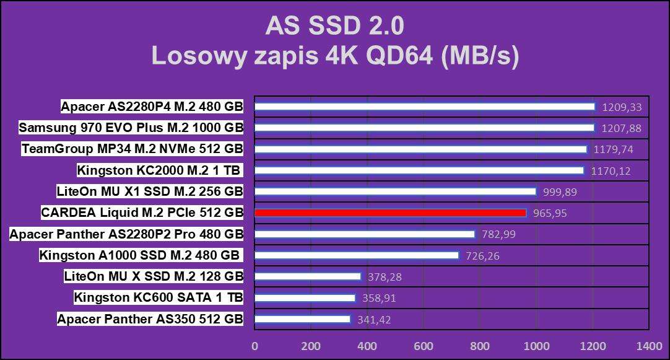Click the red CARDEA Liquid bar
(x=390, y=213)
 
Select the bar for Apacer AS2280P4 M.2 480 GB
(x=424, y=107)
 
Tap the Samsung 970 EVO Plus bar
(x=424, y=128)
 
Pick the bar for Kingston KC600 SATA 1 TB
(x=305, y=298)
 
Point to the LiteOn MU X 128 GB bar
(x=307, y=276)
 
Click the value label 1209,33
(x=621, y=107)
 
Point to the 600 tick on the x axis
(x=424, y=346)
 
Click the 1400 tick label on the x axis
(x=649, y=346)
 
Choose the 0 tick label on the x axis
(x=255, y=346)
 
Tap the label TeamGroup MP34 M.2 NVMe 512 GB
(x=132, y=149)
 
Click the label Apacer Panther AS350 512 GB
(x=150, y=319)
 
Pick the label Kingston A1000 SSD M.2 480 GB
(x=140, y=255)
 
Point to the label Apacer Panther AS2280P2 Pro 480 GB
(x=126, y=234)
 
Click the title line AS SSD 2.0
(x=334, y=26)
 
